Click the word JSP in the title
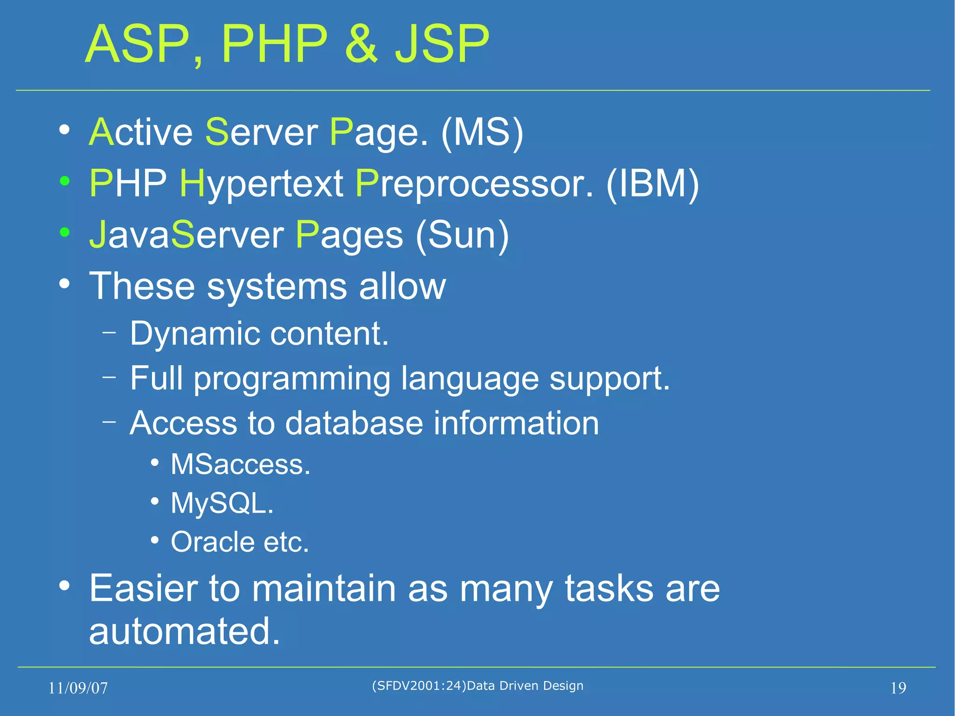click(442, 44)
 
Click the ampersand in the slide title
click(361, 44)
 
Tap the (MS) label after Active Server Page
click(482, 132)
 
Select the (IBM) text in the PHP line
click(652, 184)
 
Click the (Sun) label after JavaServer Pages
click(462, 235)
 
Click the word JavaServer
click(186, 235)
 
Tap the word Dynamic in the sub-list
click(194, 334)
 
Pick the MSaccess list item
click(240, 465)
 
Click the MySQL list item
click(222, 504)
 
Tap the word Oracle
click(212, 542)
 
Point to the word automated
click(184, 631)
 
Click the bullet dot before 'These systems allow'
click(65, 283)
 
